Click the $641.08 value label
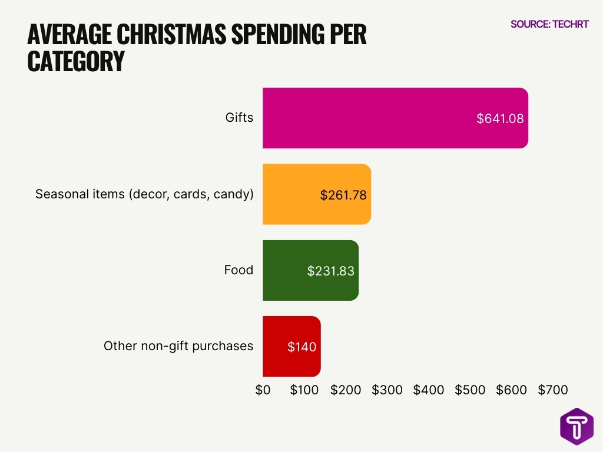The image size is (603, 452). (500, 118)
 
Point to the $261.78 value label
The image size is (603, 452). (343, 195)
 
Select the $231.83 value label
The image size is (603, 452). (330, 271)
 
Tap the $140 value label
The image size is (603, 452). (302, 347)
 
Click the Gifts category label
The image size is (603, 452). (239, 118)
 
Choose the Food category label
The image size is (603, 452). (238, 270)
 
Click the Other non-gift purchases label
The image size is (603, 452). (178, 346)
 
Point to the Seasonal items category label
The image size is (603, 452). (144, 194)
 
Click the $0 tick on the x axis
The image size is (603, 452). (263, 390)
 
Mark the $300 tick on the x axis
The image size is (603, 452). (387, 390)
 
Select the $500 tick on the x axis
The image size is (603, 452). (470, 390)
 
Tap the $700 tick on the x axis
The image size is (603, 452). (552, 390)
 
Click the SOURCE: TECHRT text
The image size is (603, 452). (549, 24)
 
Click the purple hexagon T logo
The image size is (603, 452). (577, 426)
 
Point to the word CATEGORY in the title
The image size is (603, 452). (76, 61)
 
